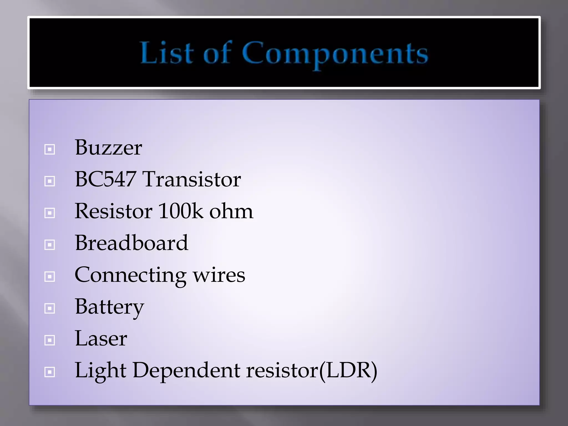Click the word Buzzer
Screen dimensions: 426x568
click(x=108, y=148)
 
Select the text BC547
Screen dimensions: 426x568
click(x=105, y=179)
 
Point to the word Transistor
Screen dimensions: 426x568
click(x=192, y=179)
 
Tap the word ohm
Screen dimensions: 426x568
click(x=231, y=212)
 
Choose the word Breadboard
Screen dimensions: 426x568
click(x=131, y=243)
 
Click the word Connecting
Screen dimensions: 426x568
click(x=130, y=275)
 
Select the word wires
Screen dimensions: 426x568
click(x=219, y=275)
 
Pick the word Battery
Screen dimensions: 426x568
click(x=110, y=307)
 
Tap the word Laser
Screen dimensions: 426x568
click(x=101, y=338)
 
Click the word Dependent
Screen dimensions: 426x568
click(x=186, y=371)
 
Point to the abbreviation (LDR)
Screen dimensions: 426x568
click(x=348, y=371)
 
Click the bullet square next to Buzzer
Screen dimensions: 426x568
click(x=50, y=149)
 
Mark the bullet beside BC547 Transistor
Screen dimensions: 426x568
click(x=50, y=181)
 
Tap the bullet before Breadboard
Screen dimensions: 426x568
click(x=50, y=245)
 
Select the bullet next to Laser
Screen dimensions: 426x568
click(x=50, y=340)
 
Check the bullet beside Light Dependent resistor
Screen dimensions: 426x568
click(x=50, y=372)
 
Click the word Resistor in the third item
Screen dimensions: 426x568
click(x=114, y=211)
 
